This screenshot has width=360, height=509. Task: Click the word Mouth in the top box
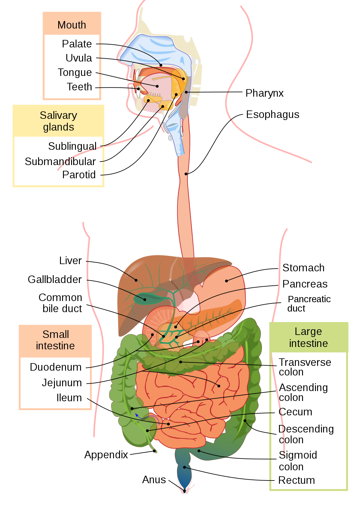(x=72, y=25)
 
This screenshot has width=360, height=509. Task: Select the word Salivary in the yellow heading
(x=58, y=115)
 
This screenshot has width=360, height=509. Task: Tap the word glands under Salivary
(x=58, y=127)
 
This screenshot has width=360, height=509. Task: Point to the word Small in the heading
(x=55, y=334)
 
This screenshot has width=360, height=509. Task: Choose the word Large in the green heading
(x=308, y=331)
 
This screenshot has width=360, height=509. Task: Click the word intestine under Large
(x=308, y=343)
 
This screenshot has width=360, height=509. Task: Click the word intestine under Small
(x=55, y=346)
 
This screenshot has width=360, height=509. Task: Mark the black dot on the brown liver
(x=136, y=280)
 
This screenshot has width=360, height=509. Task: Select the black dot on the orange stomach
(x=226, y=281)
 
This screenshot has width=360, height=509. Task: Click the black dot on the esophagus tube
(x=186, y=174)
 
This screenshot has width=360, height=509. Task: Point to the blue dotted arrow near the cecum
(x=147, y=417)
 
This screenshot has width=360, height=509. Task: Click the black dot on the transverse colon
(x=181, y=362)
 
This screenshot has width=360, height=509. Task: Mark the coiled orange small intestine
(x=192, y=399)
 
